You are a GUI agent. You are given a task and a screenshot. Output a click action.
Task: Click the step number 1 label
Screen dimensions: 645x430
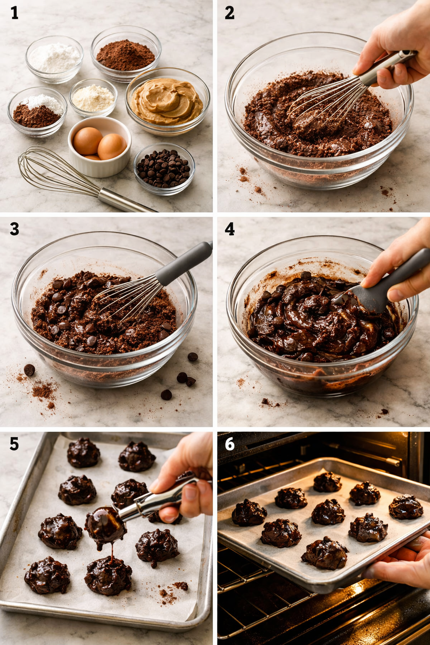coord(15,13)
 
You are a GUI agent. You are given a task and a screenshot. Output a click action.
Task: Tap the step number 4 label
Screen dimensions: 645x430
coord(230,229)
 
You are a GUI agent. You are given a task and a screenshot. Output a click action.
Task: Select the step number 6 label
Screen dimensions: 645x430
coord(230,444)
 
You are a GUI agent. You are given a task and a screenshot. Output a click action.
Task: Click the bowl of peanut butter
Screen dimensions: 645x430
coord(167,102)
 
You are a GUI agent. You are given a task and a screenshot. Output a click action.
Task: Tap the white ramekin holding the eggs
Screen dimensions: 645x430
coord(100,147)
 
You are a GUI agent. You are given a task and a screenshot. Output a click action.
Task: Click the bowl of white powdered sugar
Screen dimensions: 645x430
coord(55,59)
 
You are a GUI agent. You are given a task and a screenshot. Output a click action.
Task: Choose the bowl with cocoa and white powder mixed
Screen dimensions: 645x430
coord(37,112)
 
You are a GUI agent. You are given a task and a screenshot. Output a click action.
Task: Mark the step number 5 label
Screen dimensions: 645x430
coord(15,444)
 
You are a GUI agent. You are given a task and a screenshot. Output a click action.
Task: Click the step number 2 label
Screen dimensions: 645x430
coord(230,13)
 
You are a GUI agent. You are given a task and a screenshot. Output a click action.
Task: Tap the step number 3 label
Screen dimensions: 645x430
coord(15,229)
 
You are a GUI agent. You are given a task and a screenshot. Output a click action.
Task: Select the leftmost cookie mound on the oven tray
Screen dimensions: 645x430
coord(249,513)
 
